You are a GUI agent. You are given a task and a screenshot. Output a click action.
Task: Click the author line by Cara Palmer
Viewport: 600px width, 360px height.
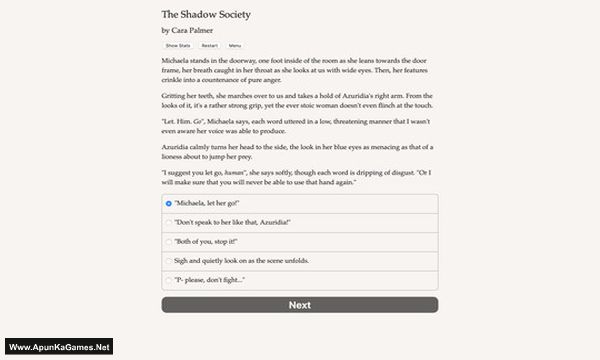click(x=188, y=31)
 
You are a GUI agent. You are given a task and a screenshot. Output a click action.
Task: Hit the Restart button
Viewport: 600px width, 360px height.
click(x=209, y=46)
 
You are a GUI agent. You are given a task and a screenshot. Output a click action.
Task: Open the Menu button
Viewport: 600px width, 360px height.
click(x=235, y=46)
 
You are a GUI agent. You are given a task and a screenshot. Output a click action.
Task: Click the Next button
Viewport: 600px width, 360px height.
click(x=299, y=305)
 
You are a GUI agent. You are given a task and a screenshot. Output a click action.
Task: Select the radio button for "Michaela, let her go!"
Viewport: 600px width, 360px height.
click(x=168, y=202)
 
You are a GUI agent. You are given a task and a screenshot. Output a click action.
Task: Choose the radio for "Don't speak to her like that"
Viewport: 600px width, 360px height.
click(x=168, y=222)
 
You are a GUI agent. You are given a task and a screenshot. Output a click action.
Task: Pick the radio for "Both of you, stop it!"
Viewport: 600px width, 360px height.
click(x=168, y=241)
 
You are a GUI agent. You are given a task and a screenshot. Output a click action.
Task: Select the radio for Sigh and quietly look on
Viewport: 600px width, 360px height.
click(x=168, y=260)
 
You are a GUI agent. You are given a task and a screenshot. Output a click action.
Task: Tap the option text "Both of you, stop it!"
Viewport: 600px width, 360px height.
click(x=207, y=241)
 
